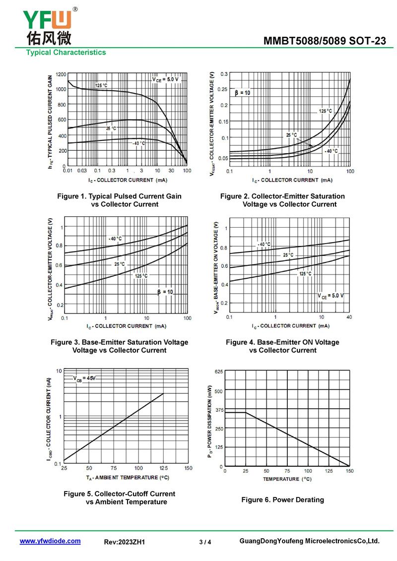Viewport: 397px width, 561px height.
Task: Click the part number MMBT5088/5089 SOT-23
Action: click(325, 41)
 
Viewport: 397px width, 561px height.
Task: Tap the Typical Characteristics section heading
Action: click(66, 52)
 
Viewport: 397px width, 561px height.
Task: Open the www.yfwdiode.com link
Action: click(50, 541)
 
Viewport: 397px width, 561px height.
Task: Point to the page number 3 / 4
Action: click(205, 542)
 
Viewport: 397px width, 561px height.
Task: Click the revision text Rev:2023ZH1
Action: click(125, 542)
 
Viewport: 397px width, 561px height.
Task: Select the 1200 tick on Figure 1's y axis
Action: click(61, 74)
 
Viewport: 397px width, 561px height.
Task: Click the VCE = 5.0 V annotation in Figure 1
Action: click(165, 79)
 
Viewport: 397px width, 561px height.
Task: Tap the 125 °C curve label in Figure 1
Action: click(101, 85)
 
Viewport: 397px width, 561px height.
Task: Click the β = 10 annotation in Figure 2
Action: click(243, 93)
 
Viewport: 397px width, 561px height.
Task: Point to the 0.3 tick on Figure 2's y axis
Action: click(224, 74)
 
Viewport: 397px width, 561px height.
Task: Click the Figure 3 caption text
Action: click(119, 346)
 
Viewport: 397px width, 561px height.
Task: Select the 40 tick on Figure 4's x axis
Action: click(348, 317)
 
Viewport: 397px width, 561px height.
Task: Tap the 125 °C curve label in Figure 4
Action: click(305, 274)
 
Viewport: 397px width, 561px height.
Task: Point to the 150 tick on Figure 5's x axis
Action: click(188, 468)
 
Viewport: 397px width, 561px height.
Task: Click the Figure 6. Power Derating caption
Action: click(282, 499)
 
